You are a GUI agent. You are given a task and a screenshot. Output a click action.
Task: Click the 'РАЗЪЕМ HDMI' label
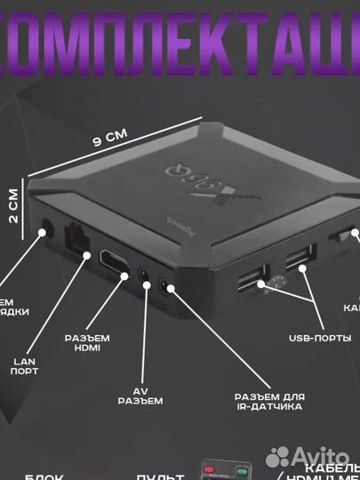pos(88,342)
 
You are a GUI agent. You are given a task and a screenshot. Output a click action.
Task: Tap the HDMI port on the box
pos(112,261)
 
